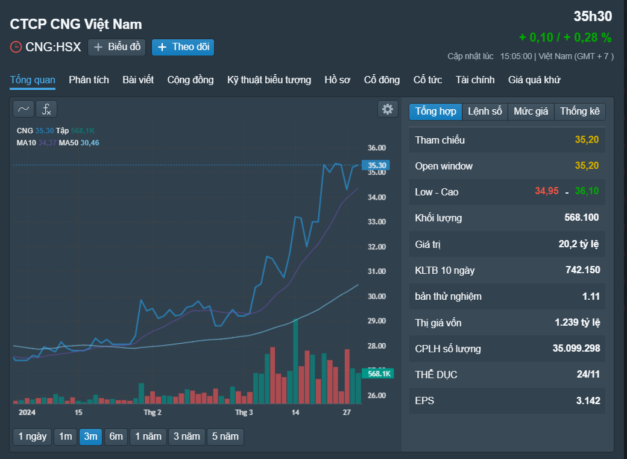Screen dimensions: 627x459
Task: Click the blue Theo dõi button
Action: (183, 47)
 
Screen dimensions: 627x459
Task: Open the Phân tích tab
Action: (89, 80)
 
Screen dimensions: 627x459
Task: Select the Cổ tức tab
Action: (427, 80)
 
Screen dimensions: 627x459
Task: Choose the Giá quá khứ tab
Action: (534, 80)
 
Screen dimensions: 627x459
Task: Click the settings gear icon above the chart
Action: (388, 109)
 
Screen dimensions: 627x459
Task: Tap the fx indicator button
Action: (46, 109)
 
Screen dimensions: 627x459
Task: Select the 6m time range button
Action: (116, 437)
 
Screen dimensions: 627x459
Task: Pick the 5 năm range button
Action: (225, 437)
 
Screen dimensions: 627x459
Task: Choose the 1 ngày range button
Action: (33, 437)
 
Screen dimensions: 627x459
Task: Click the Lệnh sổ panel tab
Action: (485, 111)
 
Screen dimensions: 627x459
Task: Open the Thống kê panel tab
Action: (580, 111)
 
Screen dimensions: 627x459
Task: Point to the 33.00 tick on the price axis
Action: (377, 222)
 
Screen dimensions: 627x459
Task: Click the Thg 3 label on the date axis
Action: (244, 412)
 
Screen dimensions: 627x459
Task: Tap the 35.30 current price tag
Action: (376, 165)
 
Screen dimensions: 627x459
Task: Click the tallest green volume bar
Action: (295, 361)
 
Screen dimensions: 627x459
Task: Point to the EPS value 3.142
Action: (588, 400)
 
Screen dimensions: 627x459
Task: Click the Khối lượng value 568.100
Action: (581, 218)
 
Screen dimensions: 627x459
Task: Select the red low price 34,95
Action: (547, 191)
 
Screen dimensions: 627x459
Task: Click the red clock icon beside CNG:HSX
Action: (16, 47)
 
